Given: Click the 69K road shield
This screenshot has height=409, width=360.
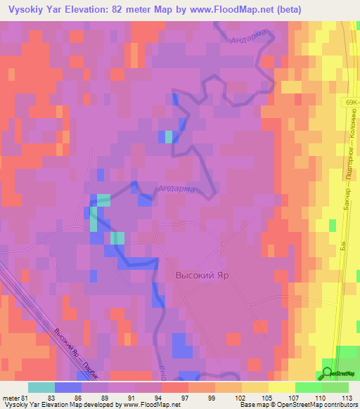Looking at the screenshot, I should (x=352, y=103).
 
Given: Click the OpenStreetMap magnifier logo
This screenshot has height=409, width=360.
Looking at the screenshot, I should (x=327, y=373).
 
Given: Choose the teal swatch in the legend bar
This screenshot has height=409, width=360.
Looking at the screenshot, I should (x=41, y=387).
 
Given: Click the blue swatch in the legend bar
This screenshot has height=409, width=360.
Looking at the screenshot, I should (x=67, y=387).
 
